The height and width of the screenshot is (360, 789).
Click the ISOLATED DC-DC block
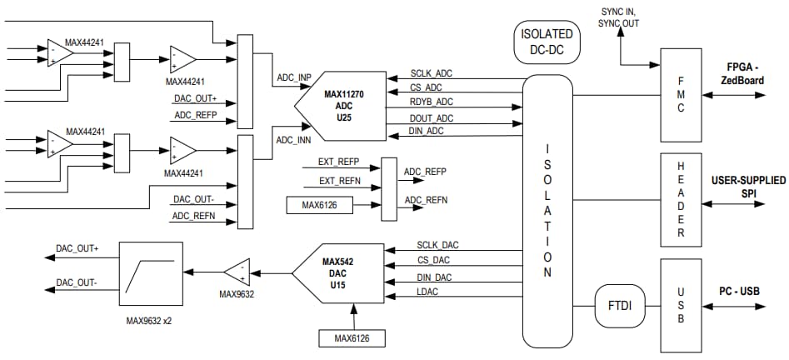point(546,42)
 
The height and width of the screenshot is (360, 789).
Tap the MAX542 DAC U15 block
point(337,272)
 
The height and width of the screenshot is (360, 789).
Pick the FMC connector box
point(682,95)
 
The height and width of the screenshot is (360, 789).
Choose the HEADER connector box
point(682,201)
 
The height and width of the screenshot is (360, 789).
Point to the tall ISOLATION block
point(547,212)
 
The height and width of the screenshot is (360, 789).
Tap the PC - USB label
point(739,291)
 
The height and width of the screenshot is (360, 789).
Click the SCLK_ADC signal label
point(432,74)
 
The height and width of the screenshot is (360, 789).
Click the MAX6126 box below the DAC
point(353,337)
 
